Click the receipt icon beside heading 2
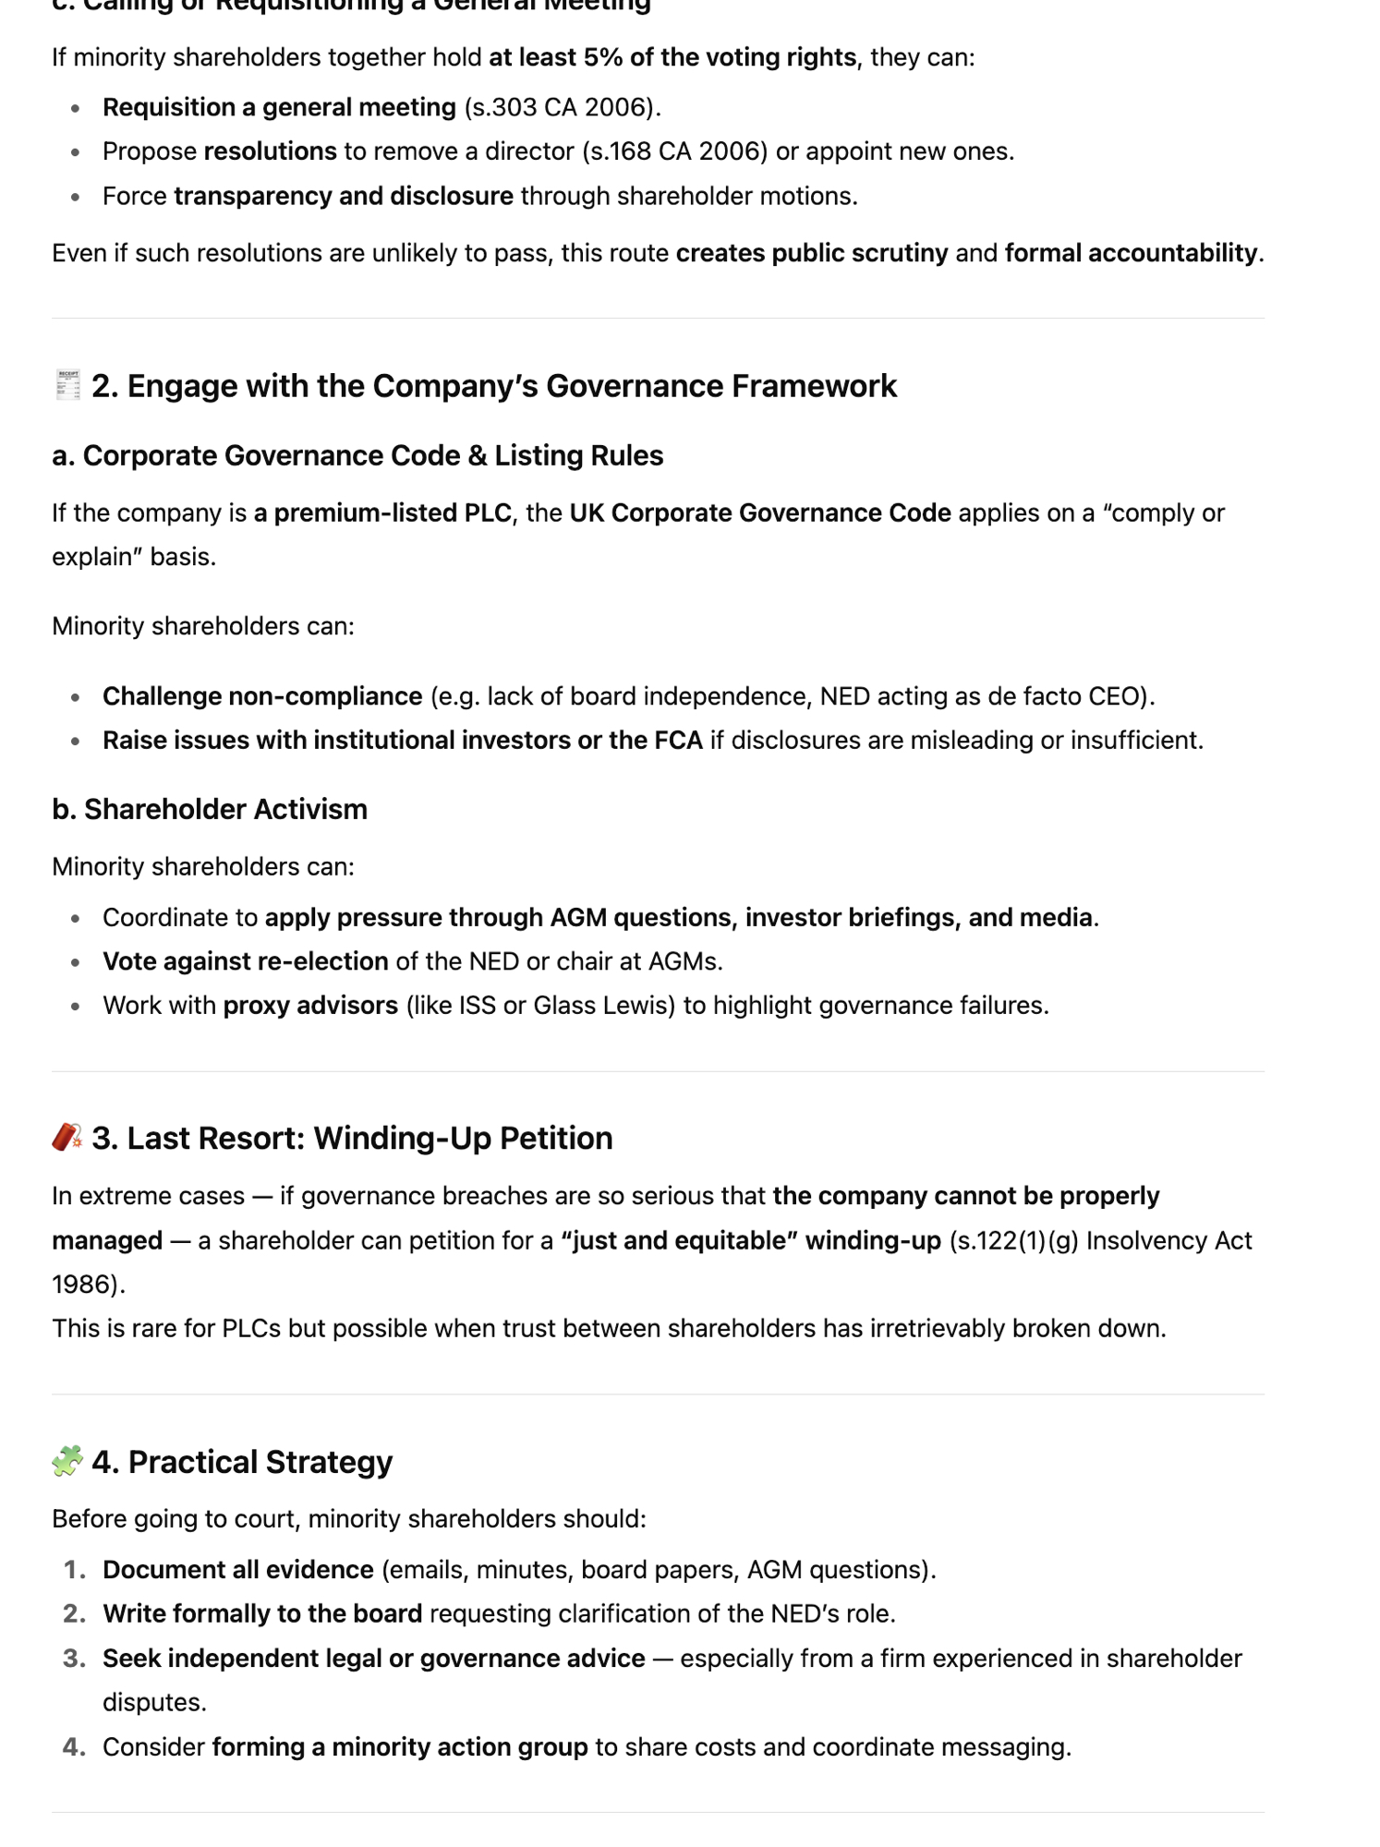(x=67, y=385)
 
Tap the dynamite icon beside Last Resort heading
(x=67, y=1137)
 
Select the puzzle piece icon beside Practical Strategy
(x=67, y=1461)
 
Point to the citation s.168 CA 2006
(x=674, y=151)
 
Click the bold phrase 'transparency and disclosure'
(x=344, y=196)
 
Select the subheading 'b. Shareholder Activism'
(x=210, y=809)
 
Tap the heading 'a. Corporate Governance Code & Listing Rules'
(x=357, y=455)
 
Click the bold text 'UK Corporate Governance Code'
(x=760, y=513)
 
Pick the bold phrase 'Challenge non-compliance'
(x=262, y=696)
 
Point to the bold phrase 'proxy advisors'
(x=310, y=1005)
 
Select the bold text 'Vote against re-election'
(x=246, y=961)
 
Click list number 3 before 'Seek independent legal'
(x=74, y=1659)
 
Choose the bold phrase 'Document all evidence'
(x=238, y=1570)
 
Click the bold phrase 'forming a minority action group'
(x=400, y=1747)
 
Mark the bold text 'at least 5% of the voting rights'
(x=672, y=57)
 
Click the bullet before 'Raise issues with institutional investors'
(x=76, y=741)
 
